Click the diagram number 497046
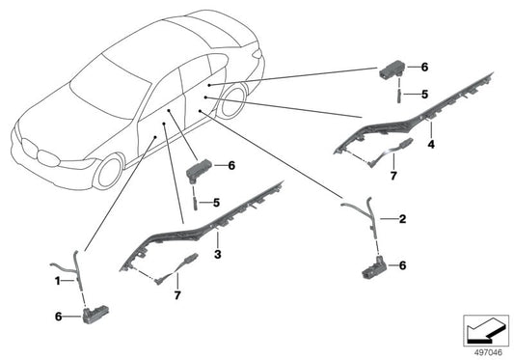tap(488, 352)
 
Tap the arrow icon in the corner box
tap(486, 331)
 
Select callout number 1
tap(57, 281)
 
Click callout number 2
tap(402, 218)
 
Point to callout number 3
tap(218, 254)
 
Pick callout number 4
tap(431, 144)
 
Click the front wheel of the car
tap(109, 172)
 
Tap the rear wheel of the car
tap(232, 101)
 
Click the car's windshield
tap(111, 88)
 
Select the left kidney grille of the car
tap(29, 148)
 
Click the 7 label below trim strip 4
tap(393, 176)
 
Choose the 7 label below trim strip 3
tap(177, 295)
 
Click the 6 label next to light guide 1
tap(59, 317)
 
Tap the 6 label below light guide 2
tap(402, 265)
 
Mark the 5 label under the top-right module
tap(424, 95)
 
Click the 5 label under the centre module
tap(216, 203)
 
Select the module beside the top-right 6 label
tap(393, 69)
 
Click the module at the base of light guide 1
tap(95, 314)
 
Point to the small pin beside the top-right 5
tap(399, 97)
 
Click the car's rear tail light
tap(257, 54)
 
